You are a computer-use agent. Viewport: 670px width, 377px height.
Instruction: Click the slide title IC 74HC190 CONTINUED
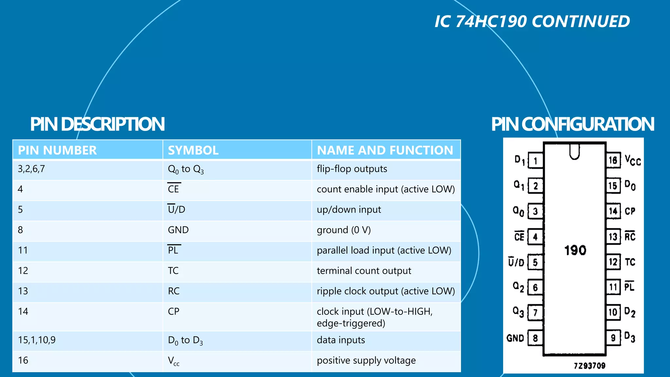point(532,22)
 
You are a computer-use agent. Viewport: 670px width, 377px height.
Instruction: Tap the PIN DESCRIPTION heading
point(97,124)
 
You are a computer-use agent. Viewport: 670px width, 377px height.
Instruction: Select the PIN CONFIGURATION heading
point(572,124)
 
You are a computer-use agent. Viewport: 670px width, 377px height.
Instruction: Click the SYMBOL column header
point(193,151)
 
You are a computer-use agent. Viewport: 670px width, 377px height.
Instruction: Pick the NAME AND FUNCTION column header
point(385,151)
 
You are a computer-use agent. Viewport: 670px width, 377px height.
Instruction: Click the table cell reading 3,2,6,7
point(31,169)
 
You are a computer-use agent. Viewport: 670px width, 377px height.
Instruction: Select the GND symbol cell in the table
point(178,230)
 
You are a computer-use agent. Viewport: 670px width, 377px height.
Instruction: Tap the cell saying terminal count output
point(364,271)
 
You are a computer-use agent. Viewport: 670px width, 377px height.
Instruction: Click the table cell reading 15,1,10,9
point(37,340)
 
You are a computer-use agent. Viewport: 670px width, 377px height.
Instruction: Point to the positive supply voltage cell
point(366,360)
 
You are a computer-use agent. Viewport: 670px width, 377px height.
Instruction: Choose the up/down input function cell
point(349,209)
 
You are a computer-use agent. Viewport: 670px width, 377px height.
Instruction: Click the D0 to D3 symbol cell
point(185,340)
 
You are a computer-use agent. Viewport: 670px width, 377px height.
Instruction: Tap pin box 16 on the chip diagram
point(613,160)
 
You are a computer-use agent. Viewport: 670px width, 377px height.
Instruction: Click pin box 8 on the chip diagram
point(535,338)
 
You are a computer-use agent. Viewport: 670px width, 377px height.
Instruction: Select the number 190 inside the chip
point(575,250)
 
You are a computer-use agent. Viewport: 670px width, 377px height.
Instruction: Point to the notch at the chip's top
point(574,151)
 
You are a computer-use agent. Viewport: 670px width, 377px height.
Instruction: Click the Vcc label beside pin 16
point(632,160)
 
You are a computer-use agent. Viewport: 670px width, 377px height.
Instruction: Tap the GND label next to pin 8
point(515,338)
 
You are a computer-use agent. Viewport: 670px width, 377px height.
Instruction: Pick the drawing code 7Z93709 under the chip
point(590,366)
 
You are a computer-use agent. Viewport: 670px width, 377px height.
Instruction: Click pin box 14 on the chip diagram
point(613,211)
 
